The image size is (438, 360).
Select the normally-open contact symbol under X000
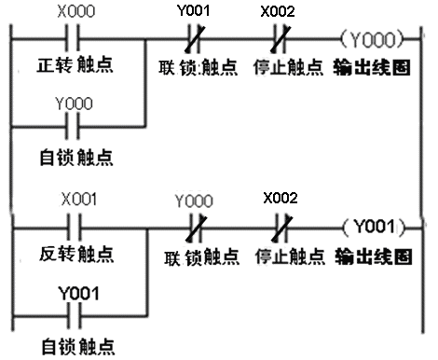pos(75,42)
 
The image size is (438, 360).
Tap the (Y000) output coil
pos(373,41)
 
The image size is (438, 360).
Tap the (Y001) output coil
pos(373,227)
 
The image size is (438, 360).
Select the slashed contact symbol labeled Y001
pos(195,41)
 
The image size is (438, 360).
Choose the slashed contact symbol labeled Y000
pos(195,227)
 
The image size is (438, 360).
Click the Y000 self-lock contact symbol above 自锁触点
pos(75,123)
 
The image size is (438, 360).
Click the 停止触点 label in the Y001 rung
pos(281,254)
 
